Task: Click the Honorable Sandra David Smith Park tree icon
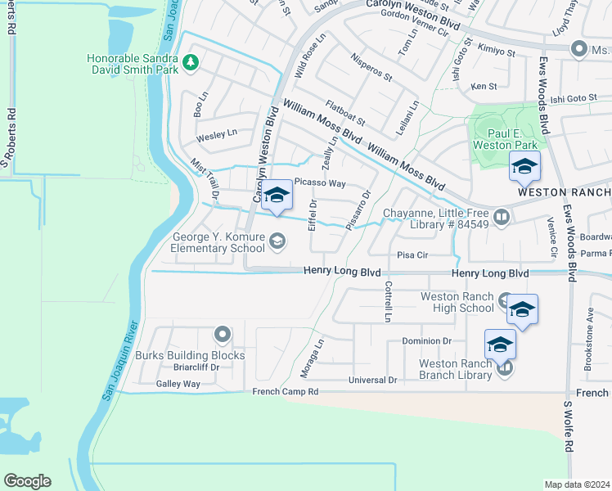[191, 61]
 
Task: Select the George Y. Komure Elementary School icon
[278, 240]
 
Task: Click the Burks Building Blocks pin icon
[222, 335]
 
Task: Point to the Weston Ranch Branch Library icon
[505, 369]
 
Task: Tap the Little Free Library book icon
[502, 218]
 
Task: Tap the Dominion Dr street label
[426, 340]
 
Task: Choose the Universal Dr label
[372, 380]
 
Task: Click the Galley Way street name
[179, 383]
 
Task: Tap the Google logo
[27, 481]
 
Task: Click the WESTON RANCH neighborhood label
[564, 192]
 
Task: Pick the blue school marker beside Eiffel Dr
[277, 197]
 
